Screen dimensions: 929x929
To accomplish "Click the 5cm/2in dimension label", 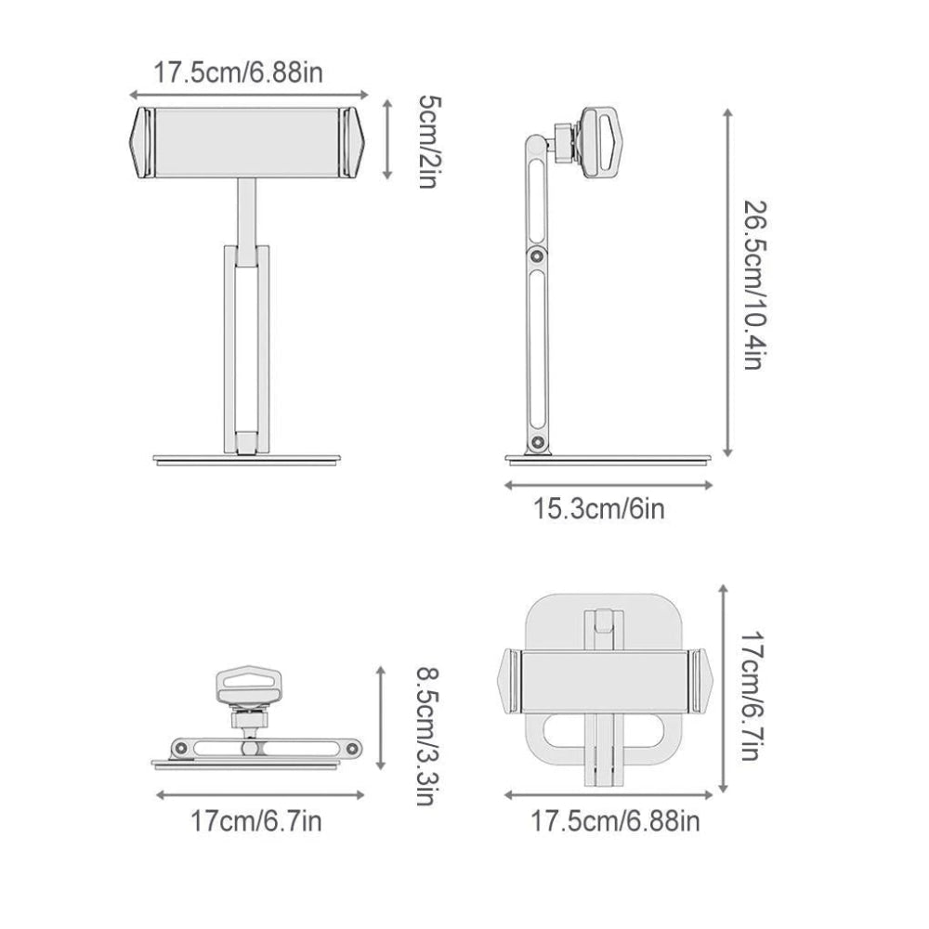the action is tap(429, 141).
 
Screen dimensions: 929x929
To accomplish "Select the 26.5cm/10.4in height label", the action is tap(755, 285).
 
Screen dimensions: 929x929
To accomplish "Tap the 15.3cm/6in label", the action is tap(599, 509).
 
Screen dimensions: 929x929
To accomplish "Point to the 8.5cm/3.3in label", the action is tap(427, 736).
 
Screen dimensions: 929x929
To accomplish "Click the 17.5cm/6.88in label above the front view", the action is tap(238, 72).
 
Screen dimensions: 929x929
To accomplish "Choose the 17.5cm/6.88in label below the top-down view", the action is tap(615, 821).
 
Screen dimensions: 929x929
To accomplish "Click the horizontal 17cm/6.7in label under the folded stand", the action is tap(256, 821).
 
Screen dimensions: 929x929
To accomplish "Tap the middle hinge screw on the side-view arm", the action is tap(537, 256).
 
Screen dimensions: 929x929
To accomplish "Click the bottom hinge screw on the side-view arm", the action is tap(537, 442).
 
